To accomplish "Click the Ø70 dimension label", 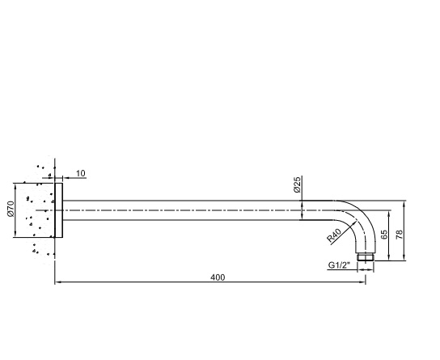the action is (11, 209).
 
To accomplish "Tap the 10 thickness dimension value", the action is (81, 173).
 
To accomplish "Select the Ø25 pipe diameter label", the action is (297, 184).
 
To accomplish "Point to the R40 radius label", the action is (335, 235).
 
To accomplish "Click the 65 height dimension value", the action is (384, 235).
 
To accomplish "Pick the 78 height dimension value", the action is (400, 235).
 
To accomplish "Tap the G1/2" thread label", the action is (339, 265).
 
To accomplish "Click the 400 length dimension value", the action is (218, 277).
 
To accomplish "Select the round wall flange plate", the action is (59, 210).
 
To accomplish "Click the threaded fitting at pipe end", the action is (366, 257).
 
